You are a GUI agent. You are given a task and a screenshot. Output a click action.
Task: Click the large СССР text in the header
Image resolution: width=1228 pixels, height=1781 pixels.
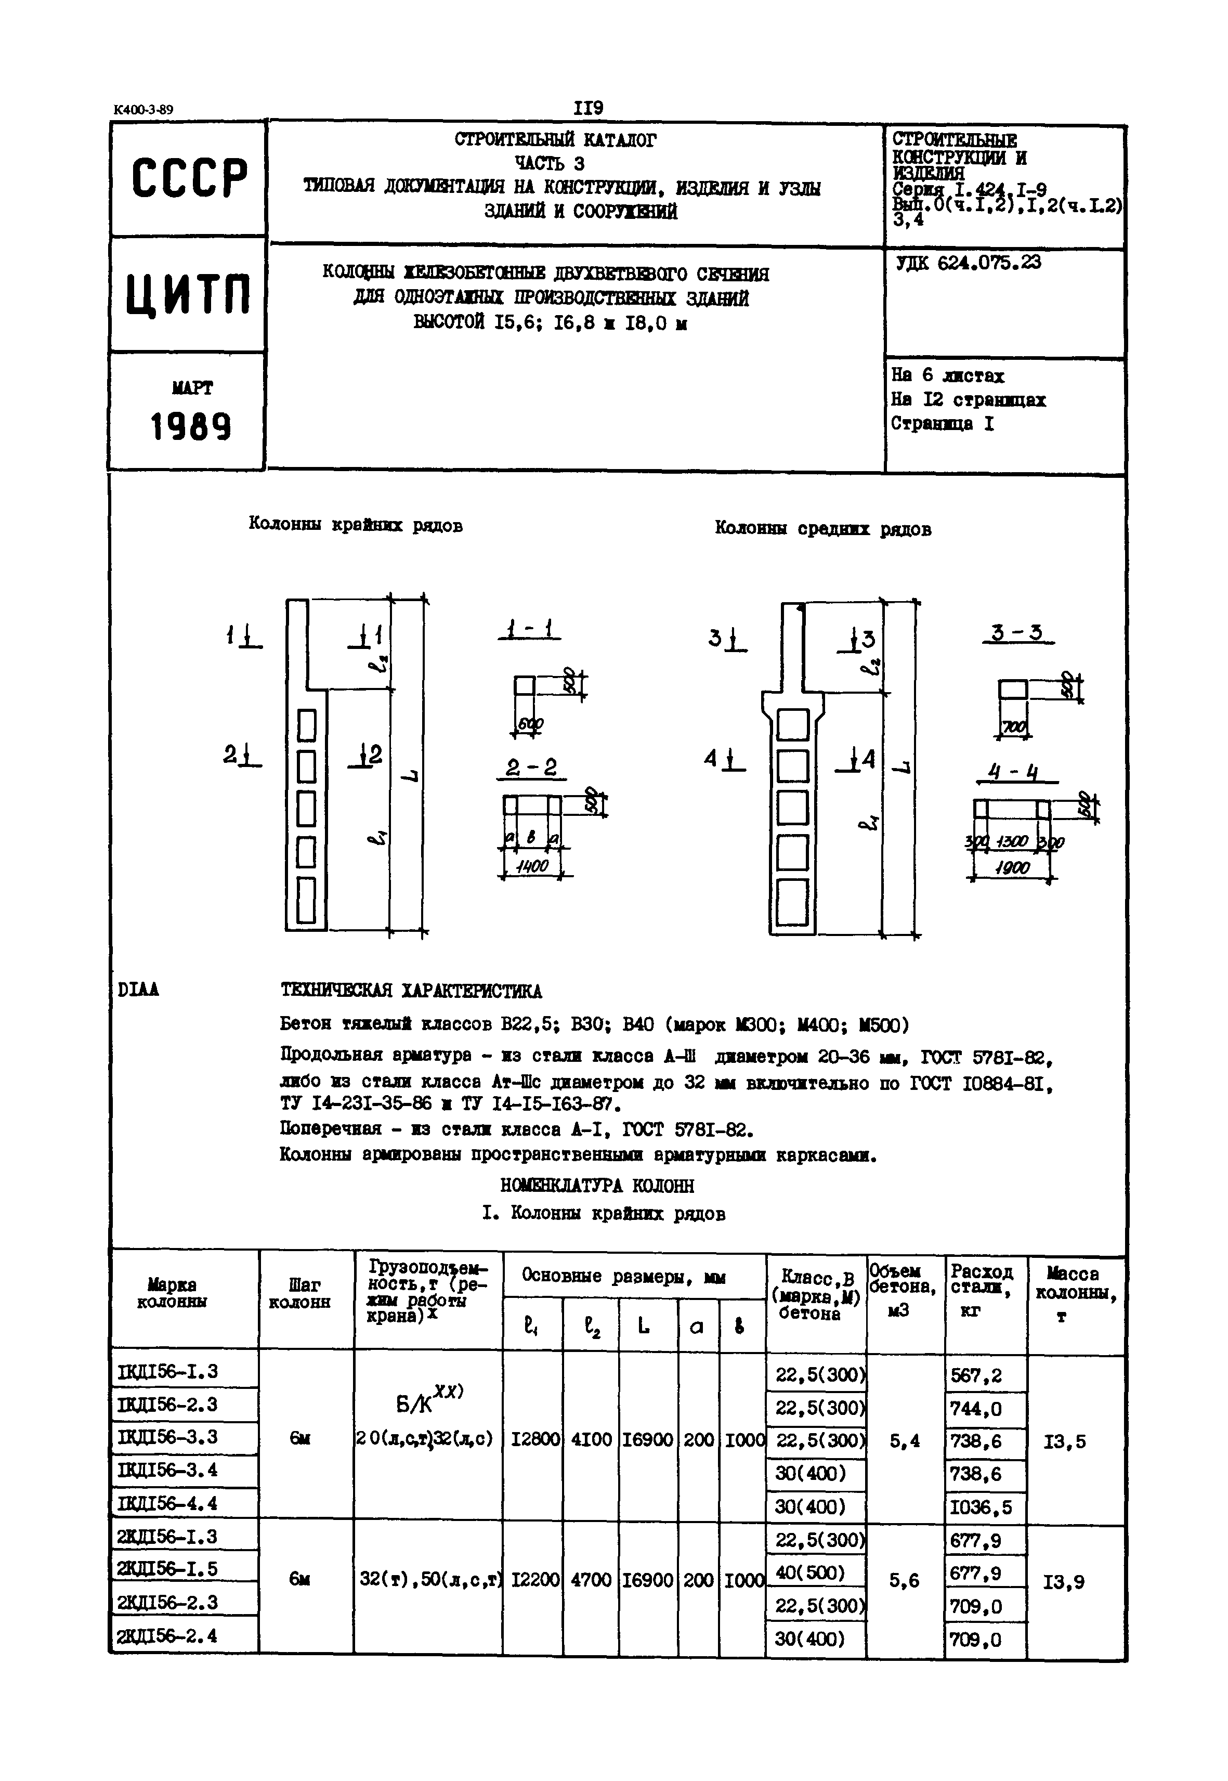189,178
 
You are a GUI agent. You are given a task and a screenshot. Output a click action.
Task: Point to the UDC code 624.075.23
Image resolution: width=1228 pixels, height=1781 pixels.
969,263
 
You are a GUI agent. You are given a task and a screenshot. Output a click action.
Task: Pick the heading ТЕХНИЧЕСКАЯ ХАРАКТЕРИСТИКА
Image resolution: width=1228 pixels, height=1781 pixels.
411,991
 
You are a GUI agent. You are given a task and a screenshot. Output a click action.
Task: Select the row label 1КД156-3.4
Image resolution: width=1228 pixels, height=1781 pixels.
168,1470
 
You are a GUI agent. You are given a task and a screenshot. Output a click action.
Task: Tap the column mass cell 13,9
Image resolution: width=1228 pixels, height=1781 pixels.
1064,1582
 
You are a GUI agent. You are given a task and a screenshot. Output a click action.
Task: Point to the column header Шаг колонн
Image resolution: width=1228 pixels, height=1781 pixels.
303,1293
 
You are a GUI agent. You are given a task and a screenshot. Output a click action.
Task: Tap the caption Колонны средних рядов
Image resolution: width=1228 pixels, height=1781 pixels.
822,529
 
